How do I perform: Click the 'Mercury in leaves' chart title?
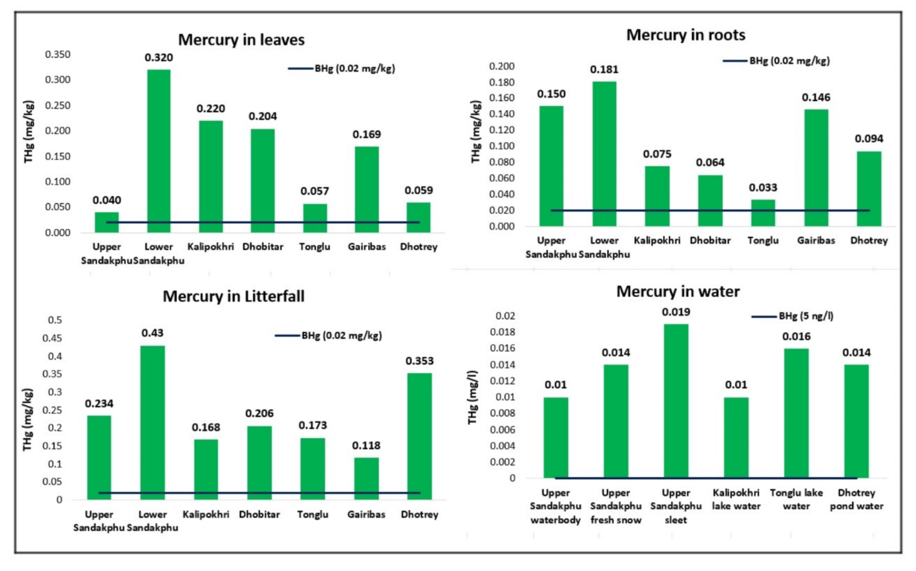(241, 40)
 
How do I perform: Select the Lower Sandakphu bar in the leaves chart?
(159, 151)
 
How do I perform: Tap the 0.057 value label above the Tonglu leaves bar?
(314, 191)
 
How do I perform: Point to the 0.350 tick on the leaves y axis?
(58, 55)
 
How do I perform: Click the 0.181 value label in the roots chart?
(604, 69)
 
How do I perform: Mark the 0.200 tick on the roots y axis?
(502, 67)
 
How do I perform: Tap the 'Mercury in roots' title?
(686, 35)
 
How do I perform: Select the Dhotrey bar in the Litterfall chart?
(419, 436)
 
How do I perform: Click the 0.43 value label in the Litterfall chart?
(152, 333)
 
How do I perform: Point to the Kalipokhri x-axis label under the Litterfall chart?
(206, 514)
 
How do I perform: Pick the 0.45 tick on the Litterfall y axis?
(52, 338)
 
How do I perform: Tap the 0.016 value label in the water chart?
(796, 336)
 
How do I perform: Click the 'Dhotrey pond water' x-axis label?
(856, 499)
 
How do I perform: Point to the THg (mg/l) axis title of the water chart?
(473, 397)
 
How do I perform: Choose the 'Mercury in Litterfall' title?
(234, 296)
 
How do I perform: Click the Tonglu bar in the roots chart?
(763, 213)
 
